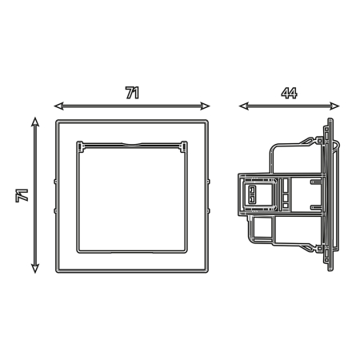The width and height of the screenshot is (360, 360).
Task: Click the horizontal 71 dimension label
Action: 133,93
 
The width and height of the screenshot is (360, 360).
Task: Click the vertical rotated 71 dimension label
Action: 22,195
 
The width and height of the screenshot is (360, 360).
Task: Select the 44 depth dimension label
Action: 289,93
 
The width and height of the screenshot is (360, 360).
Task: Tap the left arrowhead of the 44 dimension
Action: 244,106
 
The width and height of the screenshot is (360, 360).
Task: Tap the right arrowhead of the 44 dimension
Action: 334,106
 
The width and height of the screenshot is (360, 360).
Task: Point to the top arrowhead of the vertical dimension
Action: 35,122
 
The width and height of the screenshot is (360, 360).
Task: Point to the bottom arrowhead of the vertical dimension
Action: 35,268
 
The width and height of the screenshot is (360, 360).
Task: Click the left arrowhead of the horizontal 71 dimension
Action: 59,106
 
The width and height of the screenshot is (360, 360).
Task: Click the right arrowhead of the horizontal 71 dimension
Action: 205,106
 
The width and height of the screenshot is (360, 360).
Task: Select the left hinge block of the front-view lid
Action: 81,146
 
